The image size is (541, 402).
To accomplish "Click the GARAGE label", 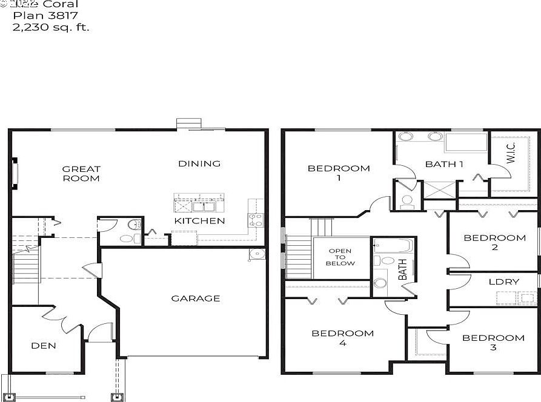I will (x=195, y=298).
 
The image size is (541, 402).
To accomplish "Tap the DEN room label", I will (x=44, y=346).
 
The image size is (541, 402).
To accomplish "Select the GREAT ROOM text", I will (x=81, y=174).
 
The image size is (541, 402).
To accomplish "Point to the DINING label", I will (x=199, y=163).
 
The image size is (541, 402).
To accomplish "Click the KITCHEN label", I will (x=199, y=221).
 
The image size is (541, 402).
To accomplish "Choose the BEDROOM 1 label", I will (x=339, y=173).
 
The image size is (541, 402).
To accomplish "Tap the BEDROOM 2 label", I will (x=494, y=242).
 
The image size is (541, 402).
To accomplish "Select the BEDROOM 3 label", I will (x=493, y=342).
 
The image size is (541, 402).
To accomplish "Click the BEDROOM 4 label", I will (x=342, y=338).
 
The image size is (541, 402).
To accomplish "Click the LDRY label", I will (x=503, y=282).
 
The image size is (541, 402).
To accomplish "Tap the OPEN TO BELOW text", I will (x=340, y=257).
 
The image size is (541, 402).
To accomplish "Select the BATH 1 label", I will (x=444, y=164).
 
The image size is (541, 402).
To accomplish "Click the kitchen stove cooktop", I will (x=255, y=220).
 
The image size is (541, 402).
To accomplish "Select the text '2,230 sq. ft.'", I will (x=51, y=27).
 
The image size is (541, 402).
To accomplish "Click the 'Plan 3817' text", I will (x=45, y=16).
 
